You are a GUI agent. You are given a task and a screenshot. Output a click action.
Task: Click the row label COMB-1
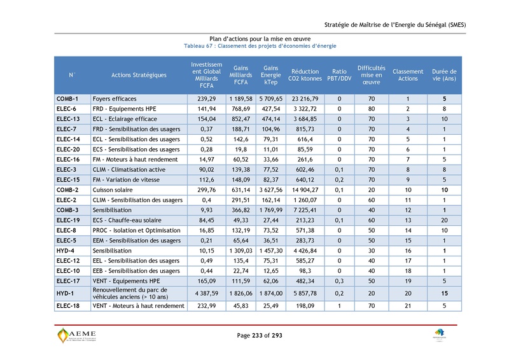(x=67, y=99)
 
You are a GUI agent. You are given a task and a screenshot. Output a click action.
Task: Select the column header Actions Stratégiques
(x=139, y=75)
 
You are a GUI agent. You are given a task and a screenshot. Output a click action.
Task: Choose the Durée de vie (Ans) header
(x=444, y=75)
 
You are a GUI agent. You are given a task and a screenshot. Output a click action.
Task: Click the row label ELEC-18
(x=68, y=306)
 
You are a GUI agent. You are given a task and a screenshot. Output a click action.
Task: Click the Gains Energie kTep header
(x=270, y=75)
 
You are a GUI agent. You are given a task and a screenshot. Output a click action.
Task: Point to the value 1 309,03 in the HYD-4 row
(x=241, y=251)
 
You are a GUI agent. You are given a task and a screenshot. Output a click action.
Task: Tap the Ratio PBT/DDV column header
(x=339, y=75)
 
